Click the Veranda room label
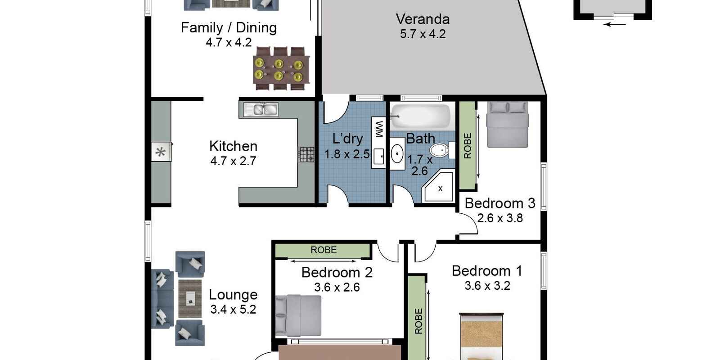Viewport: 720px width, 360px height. click(423, 19)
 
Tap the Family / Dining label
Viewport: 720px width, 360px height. click(229, 27)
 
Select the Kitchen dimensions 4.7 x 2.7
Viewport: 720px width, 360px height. click(233, 161)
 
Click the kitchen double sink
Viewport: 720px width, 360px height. click(261, 110)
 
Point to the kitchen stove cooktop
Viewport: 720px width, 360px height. click(306, 154)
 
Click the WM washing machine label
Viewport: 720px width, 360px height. click(379, 129)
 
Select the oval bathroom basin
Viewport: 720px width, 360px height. click(397, 153)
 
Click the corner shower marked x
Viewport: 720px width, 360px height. click(438, 187)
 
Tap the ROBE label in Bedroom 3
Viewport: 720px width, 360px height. click(468, 146)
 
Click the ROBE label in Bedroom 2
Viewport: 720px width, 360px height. click(324, 250)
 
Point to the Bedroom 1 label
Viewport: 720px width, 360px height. click(487, 271)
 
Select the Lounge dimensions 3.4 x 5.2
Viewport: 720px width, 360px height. click(233, 310)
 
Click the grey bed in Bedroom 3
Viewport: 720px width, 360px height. click(508, 125)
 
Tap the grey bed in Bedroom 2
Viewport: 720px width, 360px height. click(299, 315)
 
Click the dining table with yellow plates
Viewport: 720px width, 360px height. click(281, 69)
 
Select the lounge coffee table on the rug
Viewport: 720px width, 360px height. click(191, 298)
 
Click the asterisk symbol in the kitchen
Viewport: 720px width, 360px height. click(160, 152)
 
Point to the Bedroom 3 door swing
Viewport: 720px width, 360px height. click(470, 222)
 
